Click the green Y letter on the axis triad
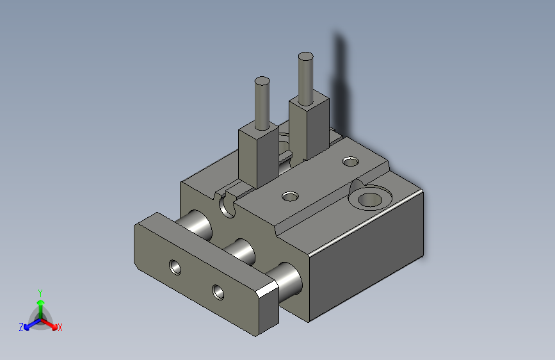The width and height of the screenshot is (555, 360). point(40,291)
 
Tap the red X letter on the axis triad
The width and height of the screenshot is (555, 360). point(60,327)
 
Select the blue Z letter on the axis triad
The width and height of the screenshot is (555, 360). point(21,327)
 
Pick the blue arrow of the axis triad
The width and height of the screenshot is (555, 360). point(29,324)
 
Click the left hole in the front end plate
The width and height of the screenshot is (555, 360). point(174,266)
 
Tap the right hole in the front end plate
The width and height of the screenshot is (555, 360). point(218,292)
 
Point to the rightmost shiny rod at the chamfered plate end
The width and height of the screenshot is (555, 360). point(287,281)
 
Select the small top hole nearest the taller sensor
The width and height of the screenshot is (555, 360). point(350,161)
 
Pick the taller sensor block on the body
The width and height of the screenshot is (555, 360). point(310,128)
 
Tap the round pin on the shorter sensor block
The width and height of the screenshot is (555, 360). point(262,102)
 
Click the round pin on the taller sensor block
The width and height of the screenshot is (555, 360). point(306,77)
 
